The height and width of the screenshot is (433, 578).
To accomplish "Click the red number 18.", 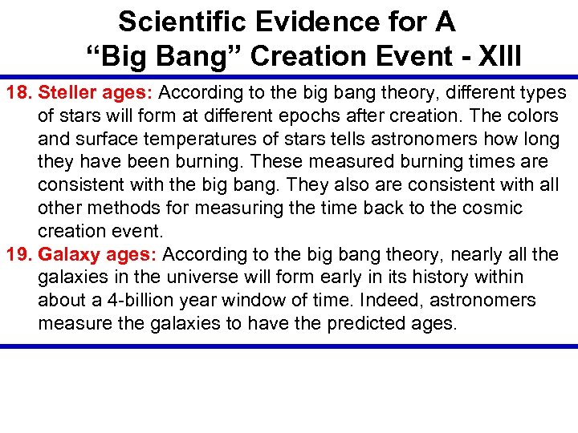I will point(19,93).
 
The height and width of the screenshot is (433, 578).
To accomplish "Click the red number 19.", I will point(19,255).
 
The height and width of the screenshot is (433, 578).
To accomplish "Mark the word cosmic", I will point(492,208).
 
